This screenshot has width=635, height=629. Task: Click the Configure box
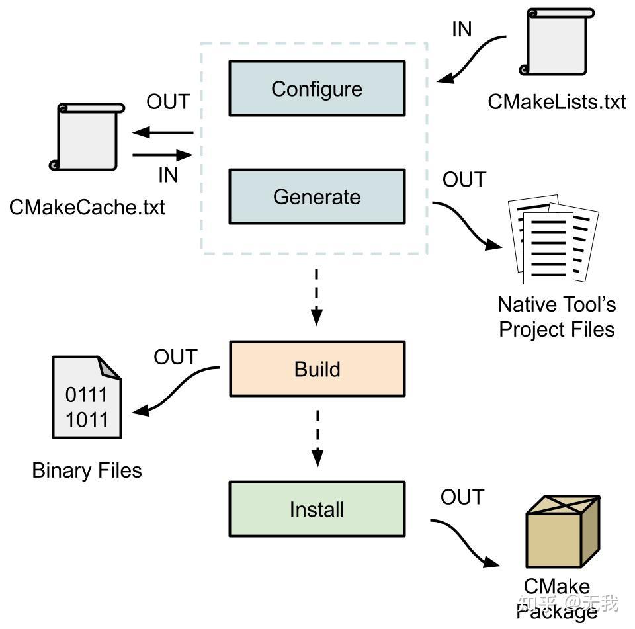click(317, 89)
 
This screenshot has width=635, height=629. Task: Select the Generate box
click(317, 196)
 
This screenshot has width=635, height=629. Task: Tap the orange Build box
click(317, 368)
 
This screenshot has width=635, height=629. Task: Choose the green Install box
click(317, 509)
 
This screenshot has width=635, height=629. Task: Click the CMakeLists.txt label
click(556, 102)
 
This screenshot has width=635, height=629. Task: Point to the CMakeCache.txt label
click(87, 207)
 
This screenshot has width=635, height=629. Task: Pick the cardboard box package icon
click(562, 533)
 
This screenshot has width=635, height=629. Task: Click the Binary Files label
click(87, 470)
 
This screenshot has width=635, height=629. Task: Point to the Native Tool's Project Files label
click(556, 316)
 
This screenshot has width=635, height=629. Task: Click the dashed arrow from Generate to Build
click(317, 297)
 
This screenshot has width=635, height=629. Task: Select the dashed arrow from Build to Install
click(317, 437)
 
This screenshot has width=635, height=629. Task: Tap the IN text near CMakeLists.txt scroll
click(462, 30)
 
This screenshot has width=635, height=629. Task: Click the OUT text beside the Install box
click(462, 497)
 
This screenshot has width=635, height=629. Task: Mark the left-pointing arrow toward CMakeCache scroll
click(163, 133)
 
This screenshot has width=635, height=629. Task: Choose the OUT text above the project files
click(464, 179)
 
